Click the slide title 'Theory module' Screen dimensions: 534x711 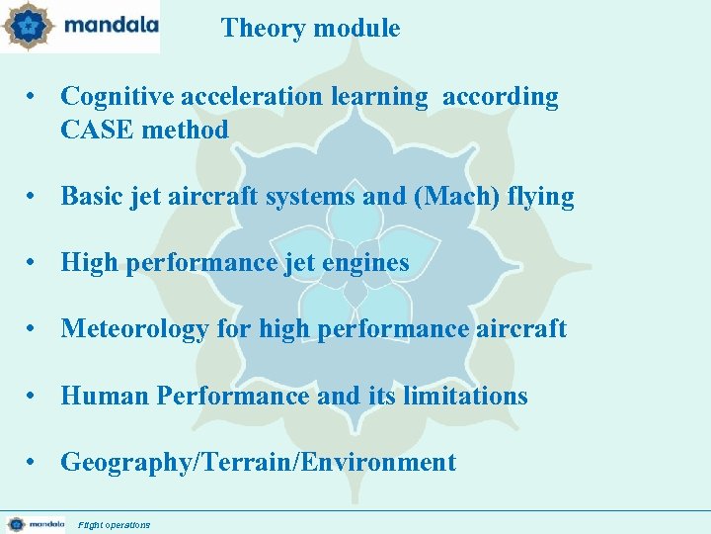pos(310,28)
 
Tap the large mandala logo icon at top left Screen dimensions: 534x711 pos(26,27)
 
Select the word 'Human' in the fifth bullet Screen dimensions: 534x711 pos(105,396)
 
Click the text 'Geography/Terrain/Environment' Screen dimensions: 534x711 pos(258,462)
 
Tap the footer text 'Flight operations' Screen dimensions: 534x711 pos(115,524)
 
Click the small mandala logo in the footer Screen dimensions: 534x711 pos(16,523)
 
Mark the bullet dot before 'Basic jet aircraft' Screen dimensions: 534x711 pos(34,197)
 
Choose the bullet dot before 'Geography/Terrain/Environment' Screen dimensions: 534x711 pos(34,462)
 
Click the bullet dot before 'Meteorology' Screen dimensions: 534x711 pos(34,329)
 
